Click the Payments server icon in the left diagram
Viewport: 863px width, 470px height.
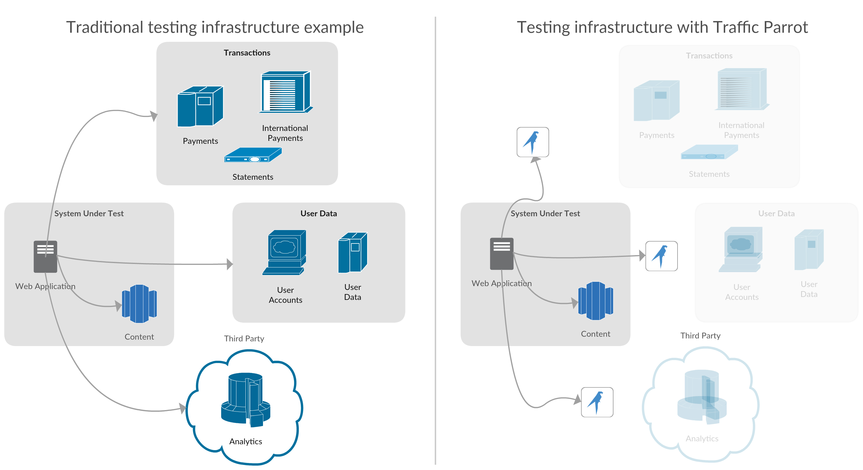[200, 106]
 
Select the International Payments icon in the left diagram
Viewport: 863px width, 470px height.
[285, 92]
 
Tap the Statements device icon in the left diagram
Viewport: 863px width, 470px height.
[253, 155]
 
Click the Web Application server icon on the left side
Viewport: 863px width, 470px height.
[45, 256]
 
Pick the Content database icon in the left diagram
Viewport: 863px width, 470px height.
[139, 304]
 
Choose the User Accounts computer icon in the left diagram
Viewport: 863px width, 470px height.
[284, 253]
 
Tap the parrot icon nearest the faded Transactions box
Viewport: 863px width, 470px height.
[533, 142]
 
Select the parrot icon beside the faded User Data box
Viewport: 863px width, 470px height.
[661, 256]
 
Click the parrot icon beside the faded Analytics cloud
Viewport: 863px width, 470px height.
[597, 402]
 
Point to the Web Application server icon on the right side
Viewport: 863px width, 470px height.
[501, 253]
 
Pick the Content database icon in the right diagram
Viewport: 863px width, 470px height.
[596, 300]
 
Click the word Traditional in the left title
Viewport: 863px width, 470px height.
[104, 27]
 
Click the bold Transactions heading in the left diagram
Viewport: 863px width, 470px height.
[247, 53]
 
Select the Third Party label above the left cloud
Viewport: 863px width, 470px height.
[244, 338]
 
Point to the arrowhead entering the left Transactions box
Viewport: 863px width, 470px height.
[154, 116]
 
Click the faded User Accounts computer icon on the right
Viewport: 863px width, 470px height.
[741, 249]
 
